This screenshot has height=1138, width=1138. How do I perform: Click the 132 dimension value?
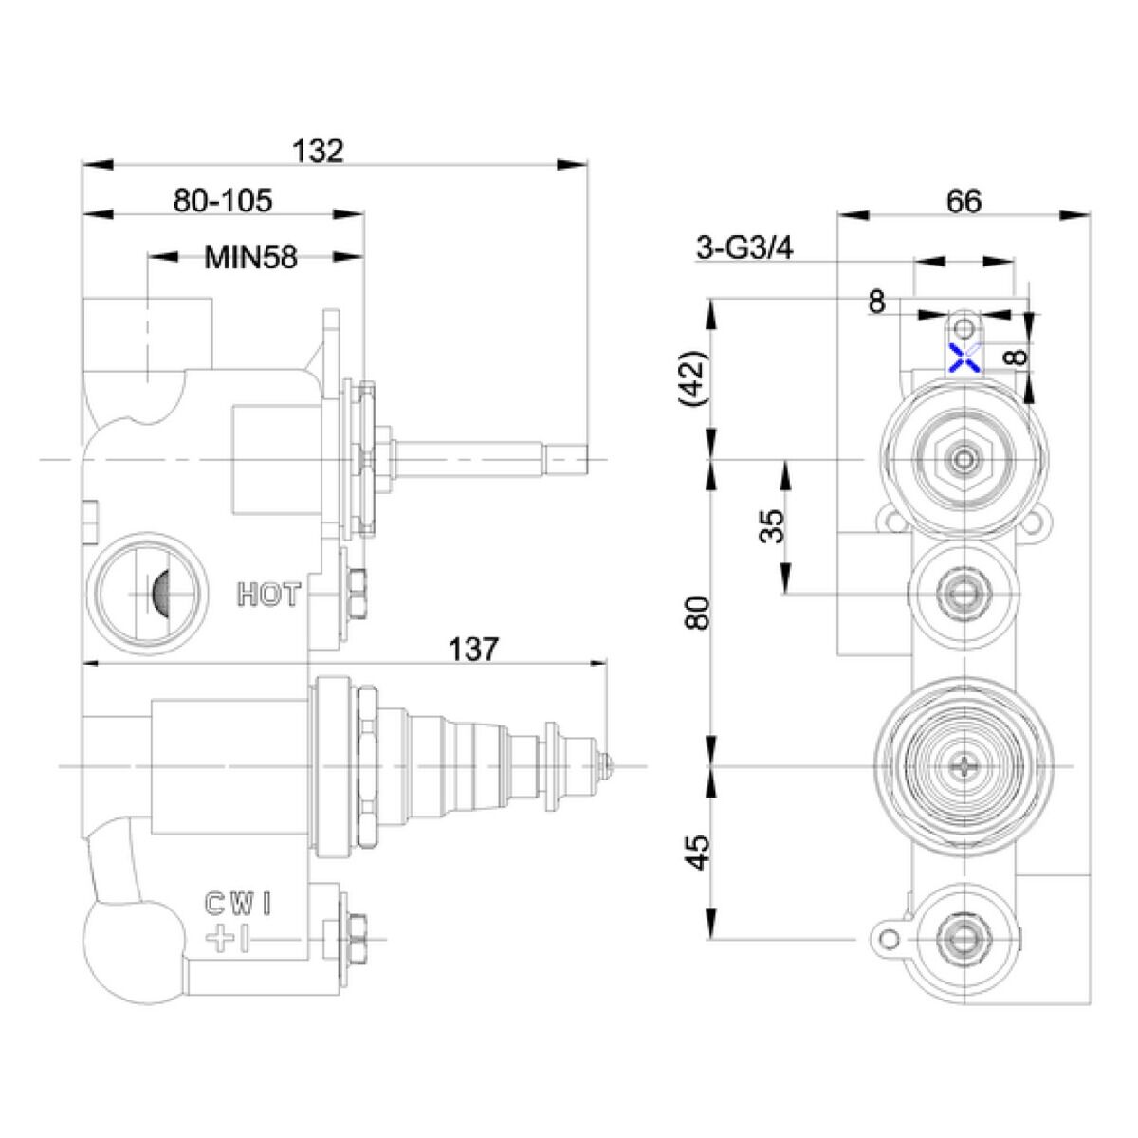[318, 151]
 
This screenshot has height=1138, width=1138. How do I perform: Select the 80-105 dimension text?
[223, 201]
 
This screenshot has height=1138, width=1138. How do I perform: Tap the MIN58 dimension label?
[251, 257]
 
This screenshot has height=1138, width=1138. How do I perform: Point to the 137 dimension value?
[473, 650]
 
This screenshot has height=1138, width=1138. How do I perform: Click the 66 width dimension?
[964, 201]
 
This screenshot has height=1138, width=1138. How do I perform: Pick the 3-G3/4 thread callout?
[744, 248]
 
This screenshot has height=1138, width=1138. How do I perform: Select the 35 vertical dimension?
[774, 526]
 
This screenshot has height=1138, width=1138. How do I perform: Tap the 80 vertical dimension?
[697, 613]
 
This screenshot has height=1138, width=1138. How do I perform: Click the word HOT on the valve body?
[268, 596]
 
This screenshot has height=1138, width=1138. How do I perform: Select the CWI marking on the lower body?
[240, 904]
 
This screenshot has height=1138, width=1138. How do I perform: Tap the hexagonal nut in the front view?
[964, 460]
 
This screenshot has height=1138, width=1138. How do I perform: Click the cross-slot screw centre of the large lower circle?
[964, 765]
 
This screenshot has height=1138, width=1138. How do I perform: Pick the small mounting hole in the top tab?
[964, 328]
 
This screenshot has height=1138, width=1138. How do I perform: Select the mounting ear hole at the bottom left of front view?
[889, 938]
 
